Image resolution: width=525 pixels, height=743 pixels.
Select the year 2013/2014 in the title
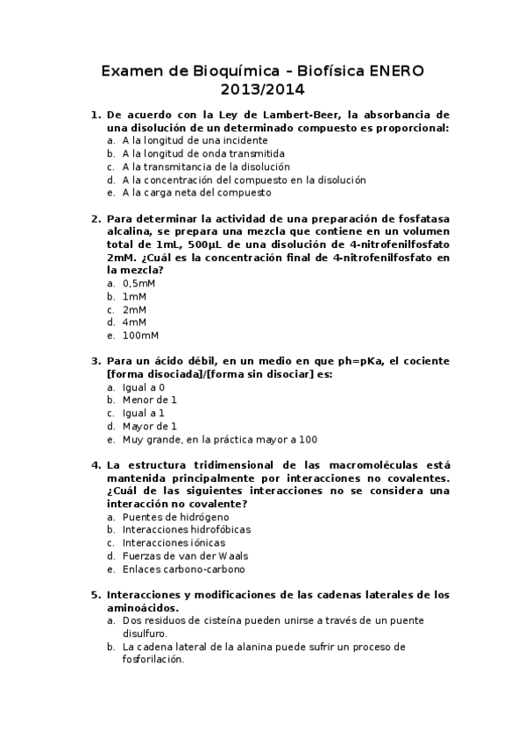262,88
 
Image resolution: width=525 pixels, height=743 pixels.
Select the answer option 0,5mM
138,284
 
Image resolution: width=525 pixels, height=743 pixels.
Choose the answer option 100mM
140,336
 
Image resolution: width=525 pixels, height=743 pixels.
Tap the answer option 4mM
134,322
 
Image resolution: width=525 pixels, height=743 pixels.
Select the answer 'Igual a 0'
144,387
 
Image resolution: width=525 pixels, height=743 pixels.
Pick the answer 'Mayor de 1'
149,426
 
